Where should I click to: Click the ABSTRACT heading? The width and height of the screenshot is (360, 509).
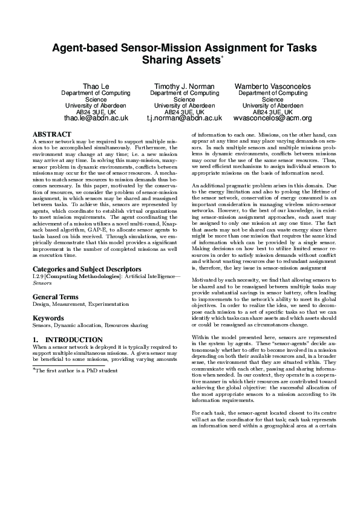(50, 134)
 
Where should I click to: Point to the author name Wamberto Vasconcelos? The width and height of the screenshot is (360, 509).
(272, 86)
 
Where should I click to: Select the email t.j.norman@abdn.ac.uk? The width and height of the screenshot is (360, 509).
(184, 118)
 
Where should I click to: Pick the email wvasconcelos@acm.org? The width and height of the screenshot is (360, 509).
(272, 118)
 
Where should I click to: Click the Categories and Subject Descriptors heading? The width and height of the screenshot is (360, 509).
(87, 268)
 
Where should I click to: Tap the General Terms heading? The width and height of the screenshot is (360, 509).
(56, 297)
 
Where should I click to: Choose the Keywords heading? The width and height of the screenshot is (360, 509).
(48, 317)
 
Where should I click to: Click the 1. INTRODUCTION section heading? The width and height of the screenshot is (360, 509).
(67, 340)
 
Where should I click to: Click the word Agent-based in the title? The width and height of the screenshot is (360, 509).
(88, 48)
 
